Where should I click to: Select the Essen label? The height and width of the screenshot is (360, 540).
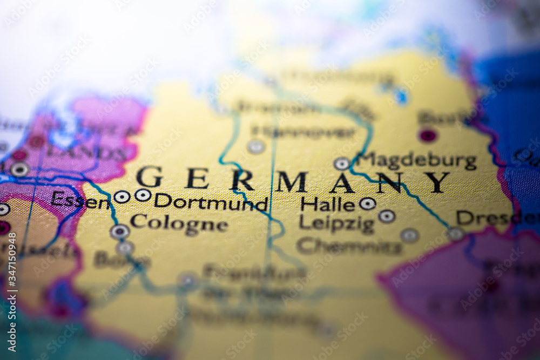pyautogui.click(x=80, y=201)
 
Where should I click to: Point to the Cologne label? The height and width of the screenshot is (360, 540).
pyautogui.click(x=178, y=223)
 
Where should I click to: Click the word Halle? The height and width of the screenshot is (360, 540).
pyautogui.click(x=328, y=204)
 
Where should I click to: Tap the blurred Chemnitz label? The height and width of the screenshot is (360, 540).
pyautogui.click(x=349, y=247)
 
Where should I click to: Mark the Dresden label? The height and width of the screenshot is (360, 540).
pyautogui.click(x=497, y=218)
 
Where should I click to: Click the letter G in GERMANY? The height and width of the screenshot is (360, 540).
pyautogui.click(x=149, y=178)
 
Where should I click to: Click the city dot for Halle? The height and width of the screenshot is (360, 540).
pyautogui.click(x=368, y=203)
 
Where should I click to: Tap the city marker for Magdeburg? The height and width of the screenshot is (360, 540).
pyautogui.click(x=342, y=163)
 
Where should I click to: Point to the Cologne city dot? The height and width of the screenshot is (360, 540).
pyautogui.click(x=119, y=232)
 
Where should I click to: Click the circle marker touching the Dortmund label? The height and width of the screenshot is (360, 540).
pyautogui.click(x=143, y=195)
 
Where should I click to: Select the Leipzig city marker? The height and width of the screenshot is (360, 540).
pyautogui.click(x=387, y=216)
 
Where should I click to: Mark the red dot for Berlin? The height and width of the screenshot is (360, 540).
pyautogui.click(x=428, y=135)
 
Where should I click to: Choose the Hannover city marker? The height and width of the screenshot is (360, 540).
pyautogui.click(x=256, y=146)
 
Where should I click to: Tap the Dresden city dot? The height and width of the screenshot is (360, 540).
pyautogui.click(x=456, y=233)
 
